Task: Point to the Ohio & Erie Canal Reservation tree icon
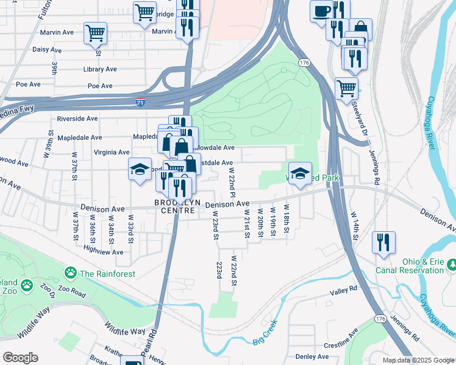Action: tap(452, 265)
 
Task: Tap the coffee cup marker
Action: tap(321, 10)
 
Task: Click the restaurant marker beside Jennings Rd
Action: tap(383, 242)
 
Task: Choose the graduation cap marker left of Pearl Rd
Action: tap(140, 169)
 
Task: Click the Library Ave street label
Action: tap(100, 69)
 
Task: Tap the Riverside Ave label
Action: tap(77, 119)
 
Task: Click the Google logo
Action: tap(20, 358)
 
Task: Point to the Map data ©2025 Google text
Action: tap(418, 360)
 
